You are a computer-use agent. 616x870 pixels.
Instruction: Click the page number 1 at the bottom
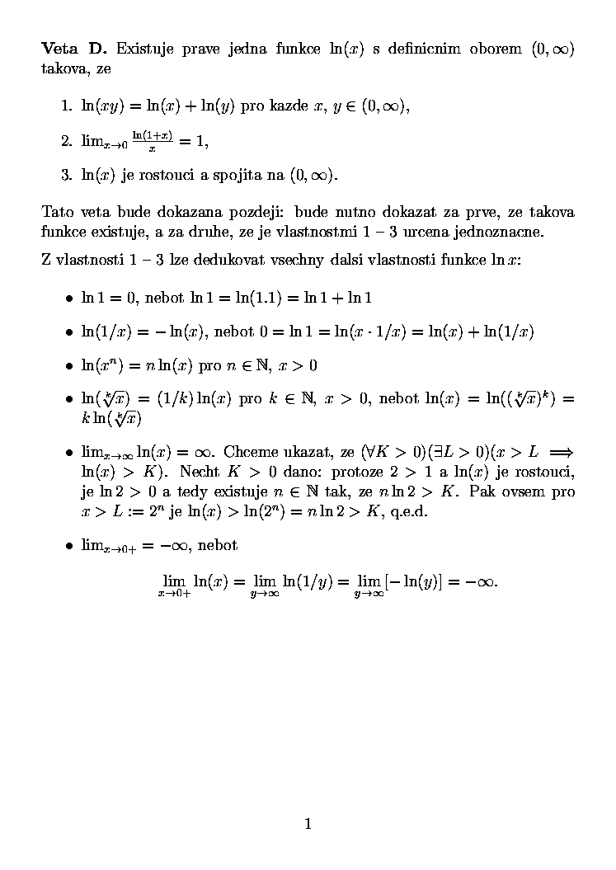point(308,822)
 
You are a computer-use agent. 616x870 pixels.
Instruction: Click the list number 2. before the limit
point(67,141)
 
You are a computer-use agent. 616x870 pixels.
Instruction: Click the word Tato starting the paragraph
point(56,212)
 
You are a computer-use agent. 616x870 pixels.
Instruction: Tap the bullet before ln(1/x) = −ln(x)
point(69,332)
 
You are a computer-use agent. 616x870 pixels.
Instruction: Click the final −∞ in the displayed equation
point(482,581)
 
